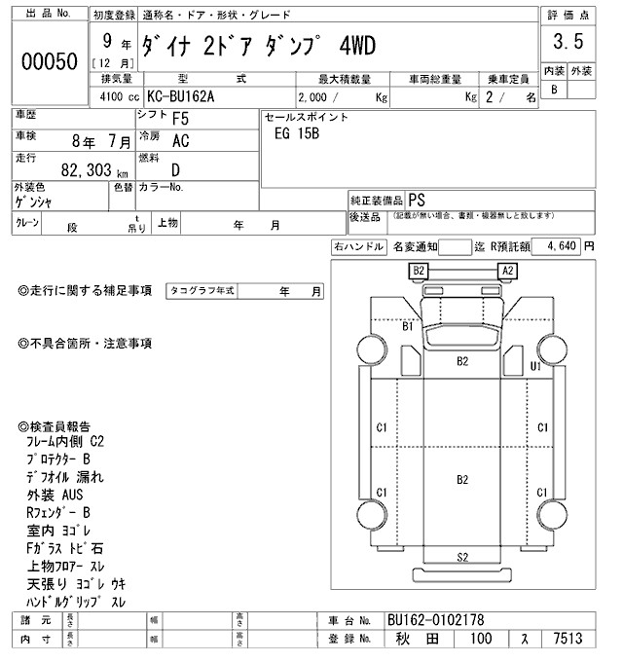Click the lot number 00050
(x=49, y=61)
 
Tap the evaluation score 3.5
(x=568, y=42)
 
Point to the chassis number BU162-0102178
(x=436, y=620)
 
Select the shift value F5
(x=180, y=120)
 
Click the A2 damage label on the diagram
(x=506, y=270)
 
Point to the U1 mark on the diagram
(x=534, y=366)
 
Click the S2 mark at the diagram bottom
(x=463, y=557)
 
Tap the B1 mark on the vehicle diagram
(x=410, y=327)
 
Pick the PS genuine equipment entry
(x=417, y=196)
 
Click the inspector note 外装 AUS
(x=55, y=495)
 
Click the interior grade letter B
(x=555, y=90)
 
